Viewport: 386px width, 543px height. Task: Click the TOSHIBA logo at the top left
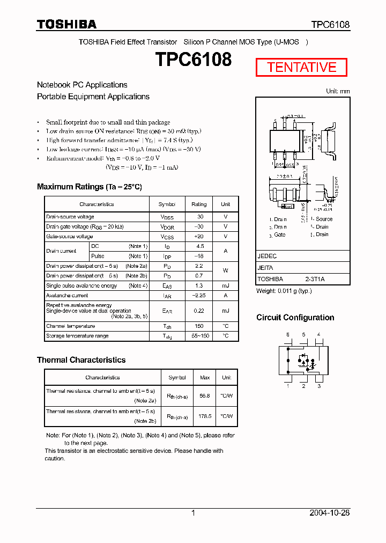coord(66,24)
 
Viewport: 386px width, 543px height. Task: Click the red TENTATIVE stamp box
coord(301,67)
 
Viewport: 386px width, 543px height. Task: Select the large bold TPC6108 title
coord(194,60)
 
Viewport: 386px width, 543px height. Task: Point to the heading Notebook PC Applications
coord(82,85)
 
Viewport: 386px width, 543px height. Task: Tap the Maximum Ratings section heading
coord(89,187)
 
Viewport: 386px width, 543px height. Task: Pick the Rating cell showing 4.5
coord(199,246)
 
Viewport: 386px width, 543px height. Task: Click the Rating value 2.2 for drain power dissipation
coord(199,266)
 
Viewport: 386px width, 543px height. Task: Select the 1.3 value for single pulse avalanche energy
coord(199,285)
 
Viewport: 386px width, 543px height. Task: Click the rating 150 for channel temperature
coord(199,326)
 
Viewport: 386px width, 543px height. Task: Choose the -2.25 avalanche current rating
coord(199,296)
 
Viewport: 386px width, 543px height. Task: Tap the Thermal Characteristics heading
coord(81,360)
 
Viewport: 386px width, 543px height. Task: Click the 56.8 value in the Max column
coord(204,396)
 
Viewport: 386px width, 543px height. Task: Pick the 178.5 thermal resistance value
coord(204,416)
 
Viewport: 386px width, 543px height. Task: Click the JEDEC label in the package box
coord(267,256)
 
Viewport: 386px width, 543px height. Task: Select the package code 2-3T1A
coord(315,279)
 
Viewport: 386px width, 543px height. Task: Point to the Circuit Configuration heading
coord(295,318)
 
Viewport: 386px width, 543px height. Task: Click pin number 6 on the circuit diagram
coord(288,334)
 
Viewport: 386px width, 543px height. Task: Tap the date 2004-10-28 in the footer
coord(329,513)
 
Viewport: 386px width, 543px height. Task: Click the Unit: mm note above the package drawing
coord(338,91)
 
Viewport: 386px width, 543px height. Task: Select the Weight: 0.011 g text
coord(284,291)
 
